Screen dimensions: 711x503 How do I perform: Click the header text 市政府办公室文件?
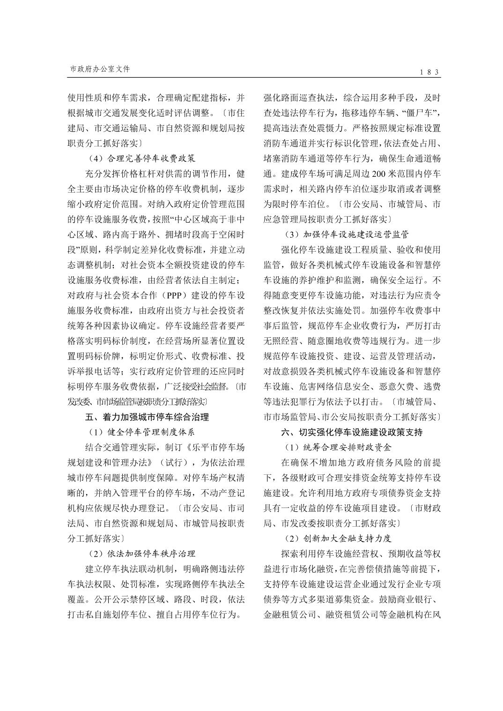(100, 69)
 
